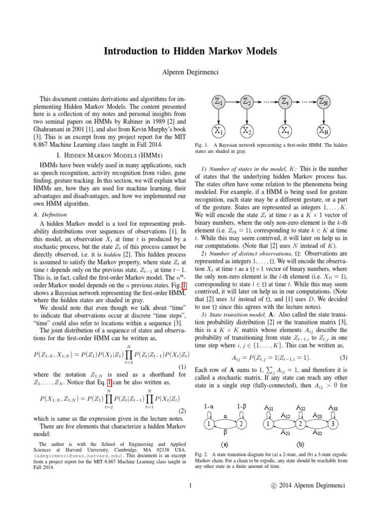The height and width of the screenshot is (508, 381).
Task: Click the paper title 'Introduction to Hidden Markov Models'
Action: (190, 51)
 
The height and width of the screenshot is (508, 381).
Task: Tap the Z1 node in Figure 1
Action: (218, 102)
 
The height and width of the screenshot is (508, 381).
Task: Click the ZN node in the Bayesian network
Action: (322, 102)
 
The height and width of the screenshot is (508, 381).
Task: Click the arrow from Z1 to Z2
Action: (232, 102)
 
